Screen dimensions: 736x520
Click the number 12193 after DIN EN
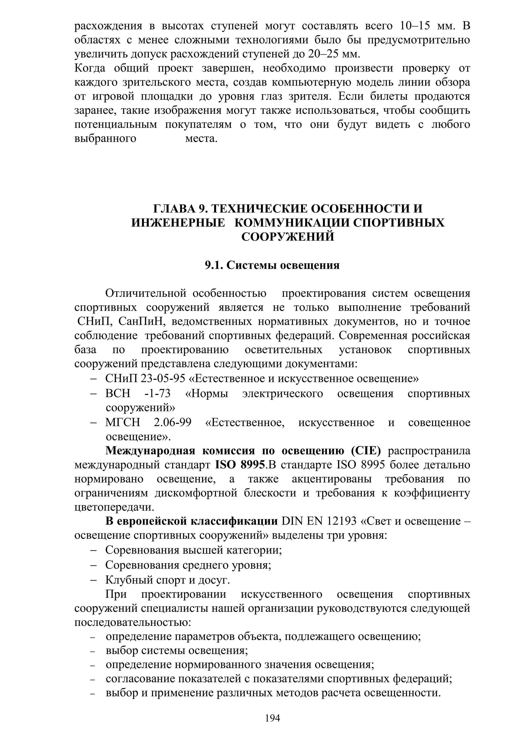pyautogui.click(x=342, y=521)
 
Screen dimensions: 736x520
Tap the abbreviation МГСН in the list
pyautogui.click(x=123, y=422)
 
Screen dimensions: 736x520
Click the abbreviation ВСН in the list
pyautogui.click(x=118, y=393)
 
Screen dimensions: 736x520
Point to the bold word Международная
pyautogui.click(x=150, y=451)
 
